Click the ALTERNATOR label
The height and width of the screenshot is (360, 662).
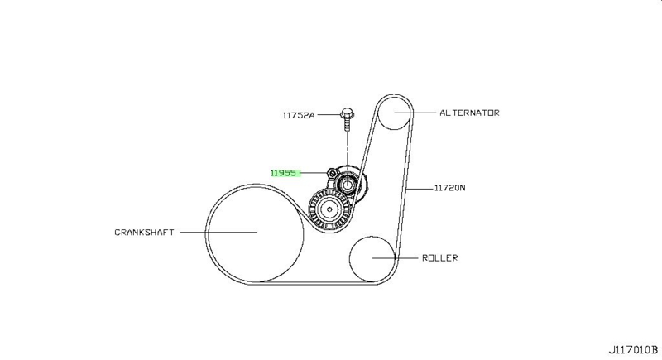pyautogui.click(x=469, y=113)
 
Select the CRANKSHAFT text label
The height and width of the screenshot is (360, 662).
pyautogui.click(x=144, y=233)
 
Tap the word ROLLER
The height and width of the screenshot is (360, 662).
pyautogui.click(x=440, y=257)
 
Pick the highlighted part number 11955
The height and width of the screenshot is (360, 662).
pyautogui.click(x=284, y=173)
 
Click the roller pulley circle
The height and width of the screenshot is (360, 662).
pyautogui.click(x=372, y=258)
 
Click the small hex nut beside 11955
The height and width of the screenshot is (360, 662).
pyautogui.click(x=330, y=174)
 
